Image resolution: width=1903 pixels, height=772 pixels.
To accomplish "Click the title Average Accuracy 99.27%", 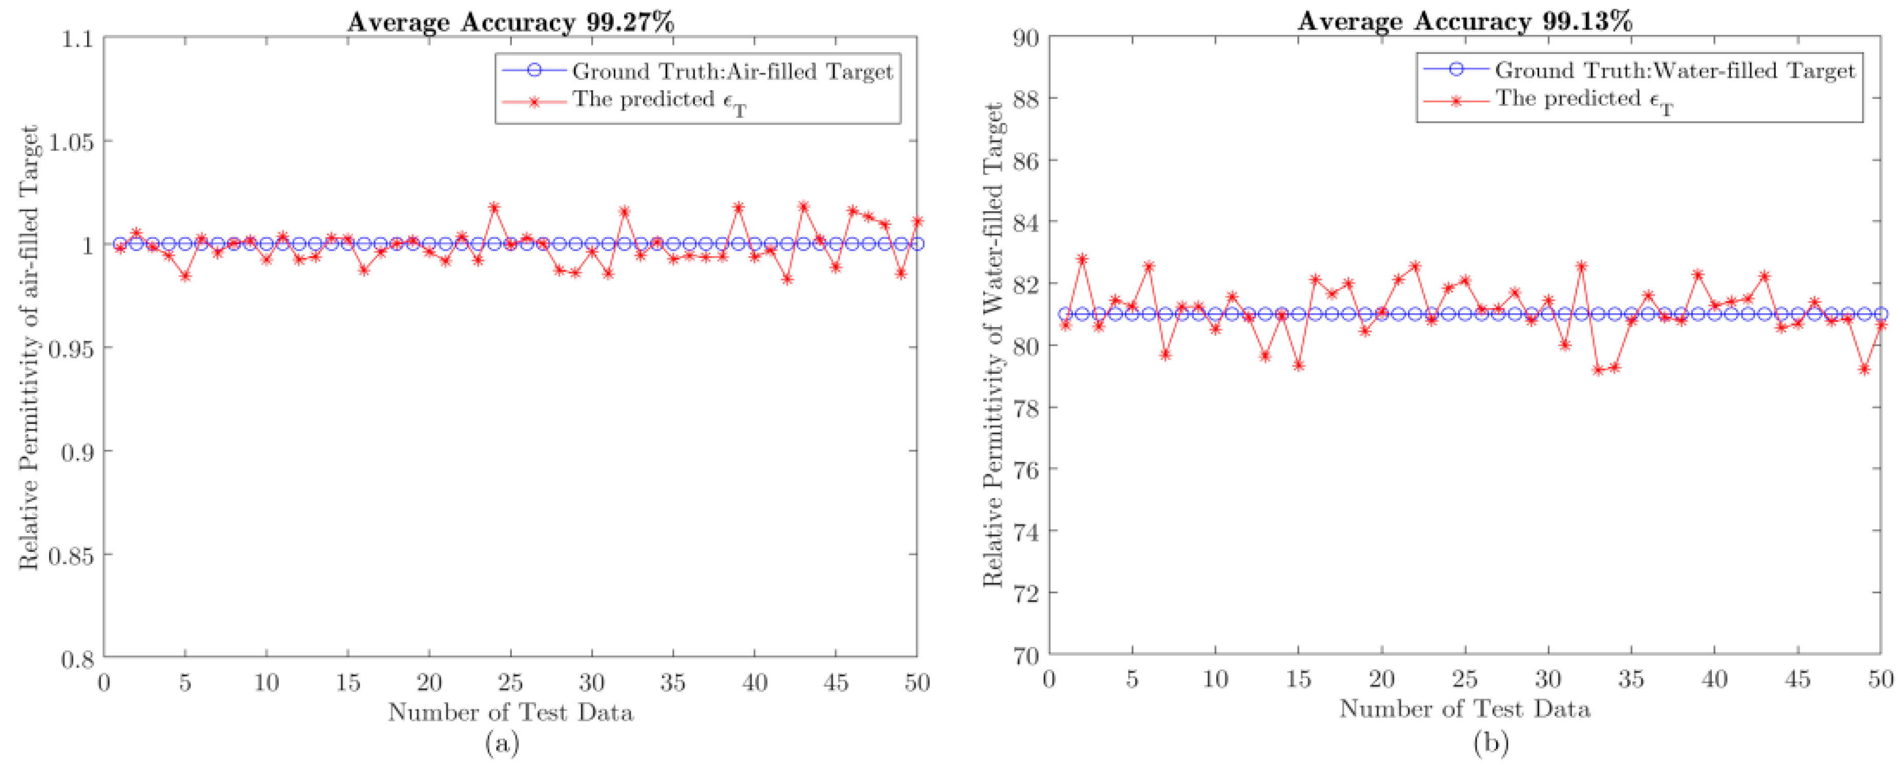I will [510, 22].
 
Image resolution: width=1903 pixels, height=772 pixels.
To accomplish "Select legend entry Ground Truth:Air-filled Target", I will [731, 72].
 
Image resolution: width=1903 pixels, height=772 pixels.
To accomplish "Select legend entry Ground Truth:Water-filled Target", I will [1674, 70].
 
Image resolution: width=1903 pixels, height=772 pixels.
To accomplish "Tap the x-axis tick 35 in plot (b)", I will [1631, 679].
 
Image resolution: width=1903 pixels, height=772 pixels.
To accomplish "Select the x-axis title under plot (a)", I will [510, 712].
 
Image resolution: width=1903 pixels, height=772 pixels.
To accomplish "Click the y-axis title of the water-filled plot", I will [993, 346].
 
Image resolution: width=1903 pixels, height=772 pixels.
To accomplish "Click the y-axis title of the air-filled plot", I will [28, 347].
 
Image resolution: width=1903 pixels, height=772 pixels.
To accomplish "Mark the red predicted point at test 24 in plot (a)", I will [494, 208].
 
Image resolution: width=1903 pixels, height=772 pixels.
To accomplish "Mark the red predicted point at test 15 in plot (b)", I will [1298, 365].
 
